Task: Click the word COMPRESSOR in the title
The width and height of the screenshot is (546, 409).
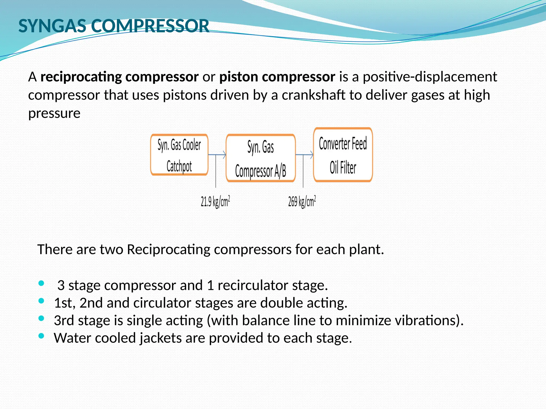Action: coord(150,26)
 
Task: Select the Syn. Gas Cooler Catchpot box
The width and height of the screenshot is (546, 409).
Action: coord(179,155)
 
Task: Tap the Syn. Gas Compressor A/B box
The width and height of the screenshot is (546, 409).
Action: coord(260,158)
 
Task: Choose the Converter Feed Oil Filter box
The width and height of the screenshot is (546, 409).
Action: coord(343,155)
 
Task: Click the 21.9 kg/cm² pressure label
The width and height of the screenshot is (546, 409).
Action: coord(215,201)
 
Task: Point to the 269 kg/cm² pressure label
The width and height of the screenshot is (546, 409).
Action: coord(302,201)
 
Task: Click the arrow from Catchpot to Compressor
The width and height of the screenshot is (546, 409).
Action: coord(217,154)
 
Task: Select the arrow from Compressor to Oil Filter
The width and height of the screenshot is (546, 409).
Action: coord(304,154)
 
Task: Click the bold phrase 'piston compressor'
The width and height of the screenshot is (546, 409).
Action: coord(277,77)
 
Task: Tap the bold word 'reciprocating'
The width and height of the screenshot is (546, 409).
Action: coord(81,77)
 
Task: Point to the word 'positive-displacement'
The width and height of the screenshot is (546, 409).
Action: coord(430,77)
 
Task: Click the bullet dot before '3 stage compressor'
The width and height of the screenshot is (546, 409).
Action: coord(41,283)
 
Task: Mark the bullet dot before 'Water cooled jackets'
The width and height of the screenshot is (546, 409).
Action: coord(41,336)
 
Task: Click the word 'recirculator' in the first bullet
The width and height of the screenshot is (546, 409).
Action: coord(253,285)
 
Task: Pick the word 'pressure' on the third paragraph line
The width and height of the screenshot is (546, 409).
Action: coord(54,113)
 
